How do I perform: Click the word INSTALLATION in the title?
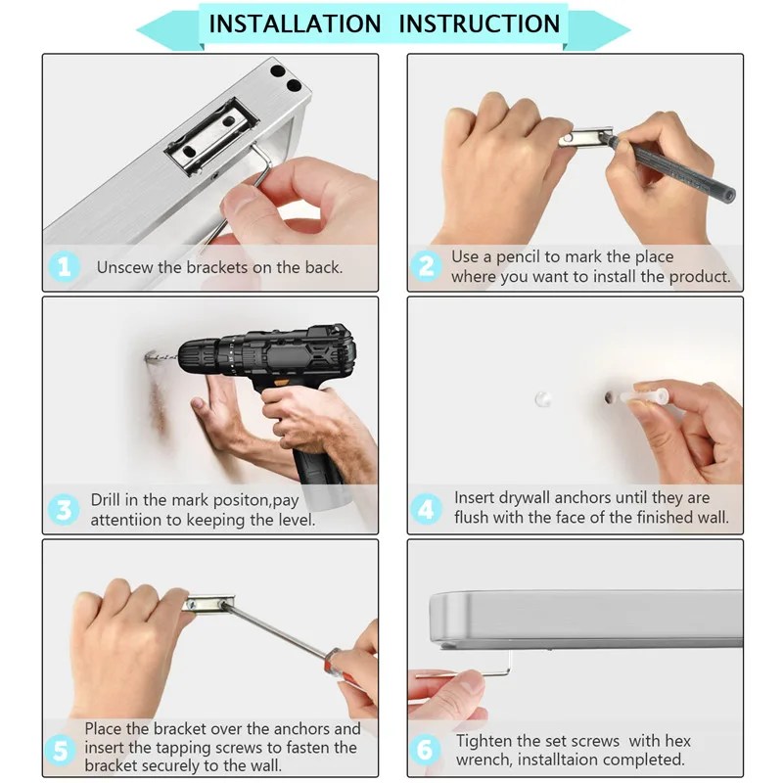click(295, 23)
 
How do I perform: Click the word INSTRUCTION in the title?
click(480, 23)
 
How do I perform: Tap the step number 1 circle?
click(65, 267)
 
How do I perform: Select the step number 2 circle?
click(426, 266)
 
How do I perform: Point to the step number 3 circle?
click(64, 510)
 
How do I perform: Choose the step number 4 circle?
click(426, 509)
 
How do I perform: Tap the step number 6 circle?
click(425, 749)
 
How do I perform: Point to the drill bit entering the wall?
click(161, 357)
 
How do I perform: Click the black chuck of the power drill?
click(199, 357)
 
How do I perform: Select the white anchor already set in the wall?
click(543, 399)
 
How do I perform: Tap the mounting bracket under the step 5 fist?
click(209, 604)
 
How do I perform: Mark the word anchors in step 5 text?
click(301, 729)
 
